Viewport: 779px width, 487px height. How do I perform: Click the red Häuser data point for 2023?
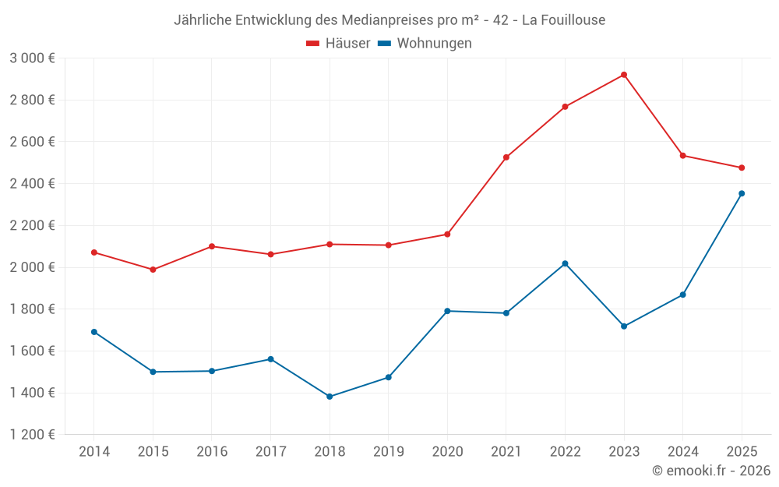pyautogui.click(x=624, y=75)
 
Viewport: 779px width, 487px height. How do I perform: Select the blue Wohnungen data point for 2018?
pyautogui.click(x=330, y=397)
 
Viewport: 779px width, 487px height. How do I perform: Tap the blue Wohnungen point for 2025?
pyautogui.click(x=742, y=193)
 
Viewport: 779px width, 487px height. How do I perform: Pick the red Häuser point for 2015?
pyautogui.click(x=153, y=270)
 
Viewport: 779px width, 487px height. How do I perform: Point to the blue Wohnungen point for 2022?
pyautogui.click(x=565, y=263)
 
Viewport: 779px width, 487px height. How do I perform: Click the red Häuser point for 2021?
pyautogui.click(x=506, y=157)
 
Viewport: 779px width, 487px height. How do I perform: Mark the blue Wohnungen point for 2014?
pyautogui.click(x=94, y=332)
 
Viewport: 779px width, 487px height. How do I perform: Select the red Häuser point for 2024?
pyautogui.click(x=683, y=156)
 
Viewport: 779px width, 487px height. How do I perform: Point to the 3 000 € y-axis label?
pyautogui.click(x=32, y=58)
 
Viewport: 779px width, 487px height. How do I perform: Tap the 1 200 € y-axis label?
pyautogui.click(x=32, y=435)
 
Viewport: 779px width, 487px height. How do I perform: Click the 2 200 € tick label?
pyautogui.click(x=32, y=225)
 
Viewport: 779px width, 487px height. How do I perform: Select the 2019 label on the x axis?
pyautogui.click(x=388, y=451)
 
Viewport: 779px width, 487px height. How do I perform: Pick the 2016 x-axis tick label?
pyautogui.click(x=212, y=451)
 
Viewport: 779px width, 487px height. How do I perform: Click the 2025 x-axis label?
pyautogui.click(x=742, y=451)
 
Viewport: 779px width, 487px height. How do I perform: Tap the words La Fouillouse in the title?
pyautogui.click(x=563, y=20)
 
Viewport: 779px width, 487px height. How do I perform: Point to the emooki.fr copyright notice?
pyautogui.click(x=711, y=471)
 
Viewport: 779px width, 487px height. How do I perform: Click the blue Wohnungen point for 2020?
pyautogui.click(x=447, y=311)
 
